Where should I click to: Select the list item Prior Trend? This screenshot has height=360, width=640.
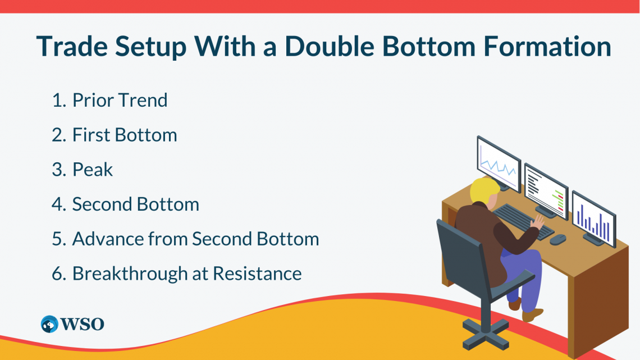pyautogui.click(x=120, y=101)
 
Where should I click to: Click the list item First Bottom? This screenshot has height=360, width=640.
pyautogui.click(x=124, y=135)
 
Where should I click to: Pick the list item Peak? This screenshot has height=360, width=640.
pyautogui.click(x=93, y=170)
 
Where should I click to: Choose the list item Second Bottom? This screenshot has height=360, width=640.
pyautogui.click(x=135, y=204)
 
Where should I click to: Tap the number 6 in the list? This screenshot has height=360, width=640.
pyautogui.click(x=57, y=274)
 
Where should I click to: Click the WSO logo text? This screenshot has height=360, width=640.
pyautogui.click(x=82, y=324)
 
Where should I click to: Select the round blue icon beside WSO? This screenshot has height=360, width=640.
pyautogui.click(x=49, y=324)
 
